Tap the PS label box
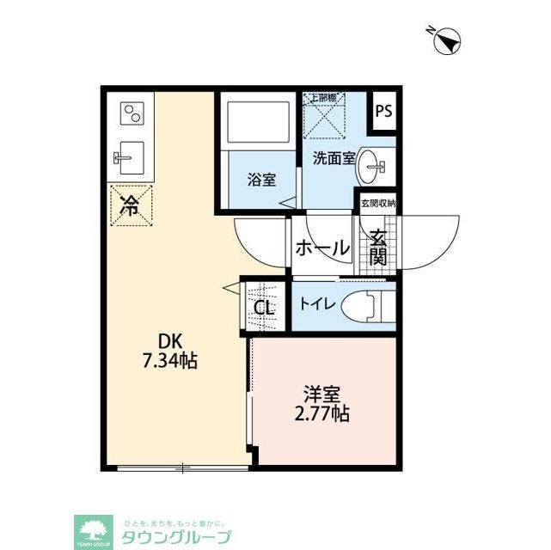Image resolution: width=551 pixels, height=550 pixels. click(x=384, y=111)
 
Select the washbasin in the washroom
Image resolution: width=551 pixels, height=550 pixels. click(x=372, y=166)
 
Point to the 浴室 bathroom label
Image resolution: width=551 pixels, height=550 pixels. click(x=261, y=180)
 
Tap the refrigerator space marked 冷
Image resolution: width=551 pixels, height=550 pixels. click(x=130, y=205)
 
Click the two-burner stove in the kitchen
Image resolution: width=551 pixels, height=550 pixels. click(x=132, y=115)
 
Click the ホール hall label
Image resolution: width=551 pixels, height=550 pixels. click(x=323, y=248)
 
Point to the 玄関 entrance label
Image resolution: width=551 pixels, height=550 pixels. click(x=377, y=247)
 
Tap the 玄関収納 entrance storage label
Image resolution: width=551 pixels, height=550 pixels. click(x=377, y=204)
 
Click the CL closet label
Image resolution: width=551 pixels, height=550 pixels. click(x=263, y=307)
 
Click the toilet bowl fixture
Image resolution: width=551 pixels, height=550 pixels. click(x=366, y=306)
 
